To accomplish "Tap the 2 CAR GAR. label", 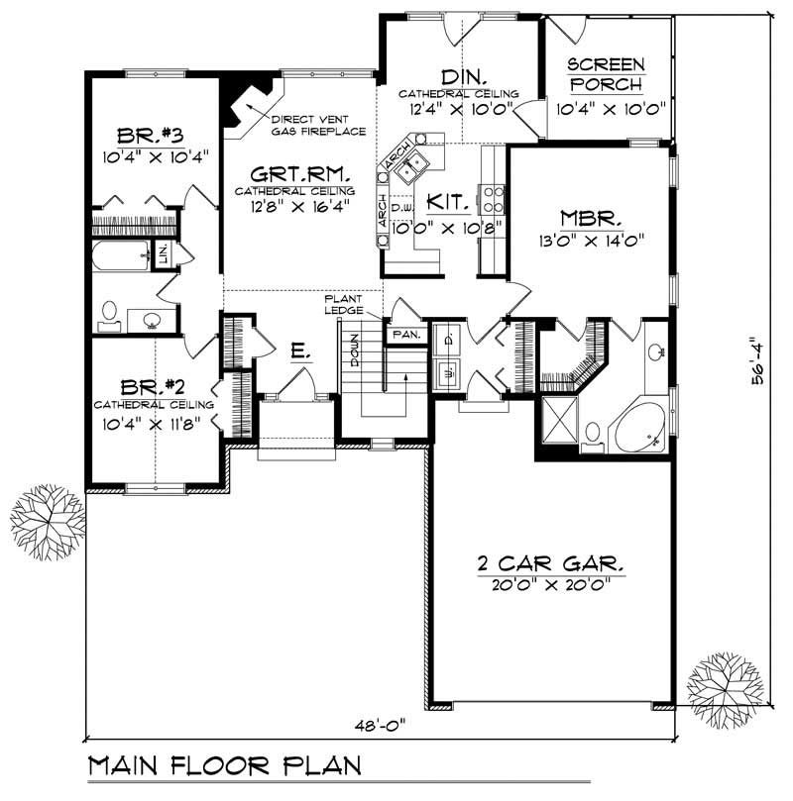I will [x=549, y=564].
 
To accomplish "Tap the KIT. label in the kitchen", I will [x=446, y=202].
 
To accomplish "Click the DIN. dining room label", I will [x=462, y=76].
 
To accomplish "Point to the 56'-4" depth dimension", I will [x=758, y=361].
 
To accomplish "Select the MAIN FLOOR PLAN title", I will [x=224, y=767].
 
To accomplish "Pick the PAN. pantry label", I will [x=406, y=335].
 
